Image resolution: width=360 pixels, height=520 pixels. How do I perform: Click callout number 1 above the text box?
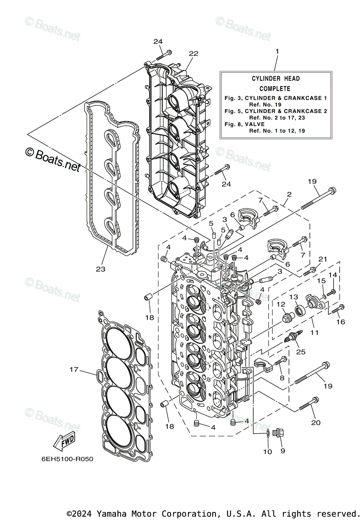277,51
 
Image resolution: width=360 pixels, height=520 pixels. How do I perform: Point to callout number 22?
193,53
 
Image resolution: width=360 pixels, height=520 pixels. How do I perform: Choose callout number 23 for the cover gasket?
101,269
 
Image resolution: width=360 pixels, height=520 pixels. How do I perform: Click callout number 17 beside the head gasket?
74,370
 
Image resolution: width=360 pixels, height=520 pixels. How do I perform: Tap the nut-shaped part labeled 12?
286,319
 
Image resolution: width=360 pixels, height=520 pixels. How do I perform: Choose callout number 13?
294,297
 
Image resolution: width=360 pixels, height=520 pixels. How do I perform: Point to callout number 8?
282,377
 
